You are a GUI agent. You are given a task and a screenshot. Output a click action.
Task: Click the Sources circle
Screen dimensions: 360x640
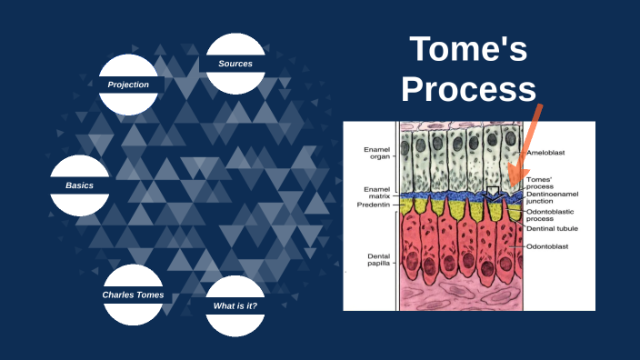point(235,64)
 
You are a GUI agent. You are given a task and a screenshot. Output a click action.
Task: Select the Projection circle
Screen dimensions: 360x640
point(128,85)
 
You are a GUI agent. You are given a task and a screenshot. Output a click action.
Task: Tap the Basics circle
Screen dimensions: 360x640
point(79,185)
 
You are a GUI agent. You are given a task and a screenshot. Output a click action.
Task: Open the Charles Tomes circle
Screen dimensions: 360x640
point(133,295)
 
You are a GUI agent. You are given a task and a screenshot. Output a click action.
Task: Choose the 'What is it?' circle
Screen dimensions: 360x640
point(235,305)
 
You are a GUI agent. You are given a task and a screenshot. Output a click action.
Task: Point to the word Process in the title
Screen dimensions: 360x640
point(468,89)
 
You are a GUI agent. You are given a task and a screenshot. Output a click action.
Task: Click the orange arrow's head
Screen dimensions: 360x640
point(515,180)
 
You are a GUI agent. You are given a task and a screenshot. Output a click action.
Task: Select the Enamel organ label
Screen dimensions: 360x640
point(377,154)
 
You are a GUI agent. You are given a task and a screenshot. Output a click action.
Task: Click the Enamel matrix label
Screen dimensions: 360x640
point(377,193)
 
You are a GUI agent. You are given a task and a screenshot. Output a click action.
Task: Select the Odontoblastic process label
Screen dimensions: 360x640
point(554,215)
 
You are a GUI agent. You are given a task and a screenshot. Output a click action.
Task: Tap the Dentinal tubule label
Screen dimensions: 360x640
point(552,229)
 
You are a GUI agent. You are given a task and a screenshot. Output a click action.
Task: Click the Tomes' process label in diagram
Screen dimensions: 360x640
point(540,183)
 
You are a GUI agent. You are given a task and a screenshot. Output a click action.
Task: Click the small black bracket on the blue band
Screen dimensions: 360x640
point(492,192)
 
